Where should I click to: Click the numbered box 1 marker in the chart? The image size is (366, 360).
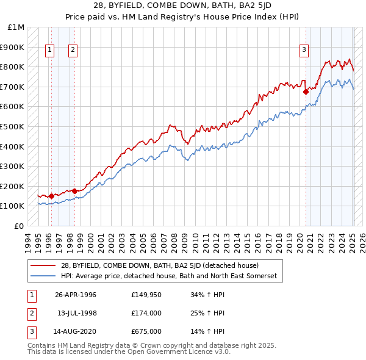[x=49, y=51]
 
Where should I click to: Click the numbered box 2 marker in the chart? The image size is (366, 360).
[x=73, y=51]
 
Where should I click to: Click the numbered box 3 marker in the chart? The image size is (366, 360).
[x=304, y=51]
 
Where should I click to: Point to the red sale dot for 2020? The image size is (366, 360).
[x=306, y=92]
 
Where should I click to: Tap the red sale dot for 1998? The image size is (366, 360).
[x=74, y=191]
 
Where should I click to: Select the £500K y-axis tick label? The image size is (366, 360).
[x=13, y=127]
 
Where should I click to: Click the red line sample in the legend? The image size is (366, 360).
[x=44, y=265]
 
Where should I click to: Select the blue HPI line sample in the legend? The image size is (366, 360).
[x=44, y=276]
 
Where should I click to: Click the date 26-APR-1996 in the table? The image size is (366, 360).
[x=76, y=295]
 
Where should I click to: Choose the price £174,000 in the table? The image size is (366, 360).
[x=146, y=314]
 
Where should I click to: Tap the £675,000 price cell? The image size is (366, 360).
[x=146, y=333]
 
